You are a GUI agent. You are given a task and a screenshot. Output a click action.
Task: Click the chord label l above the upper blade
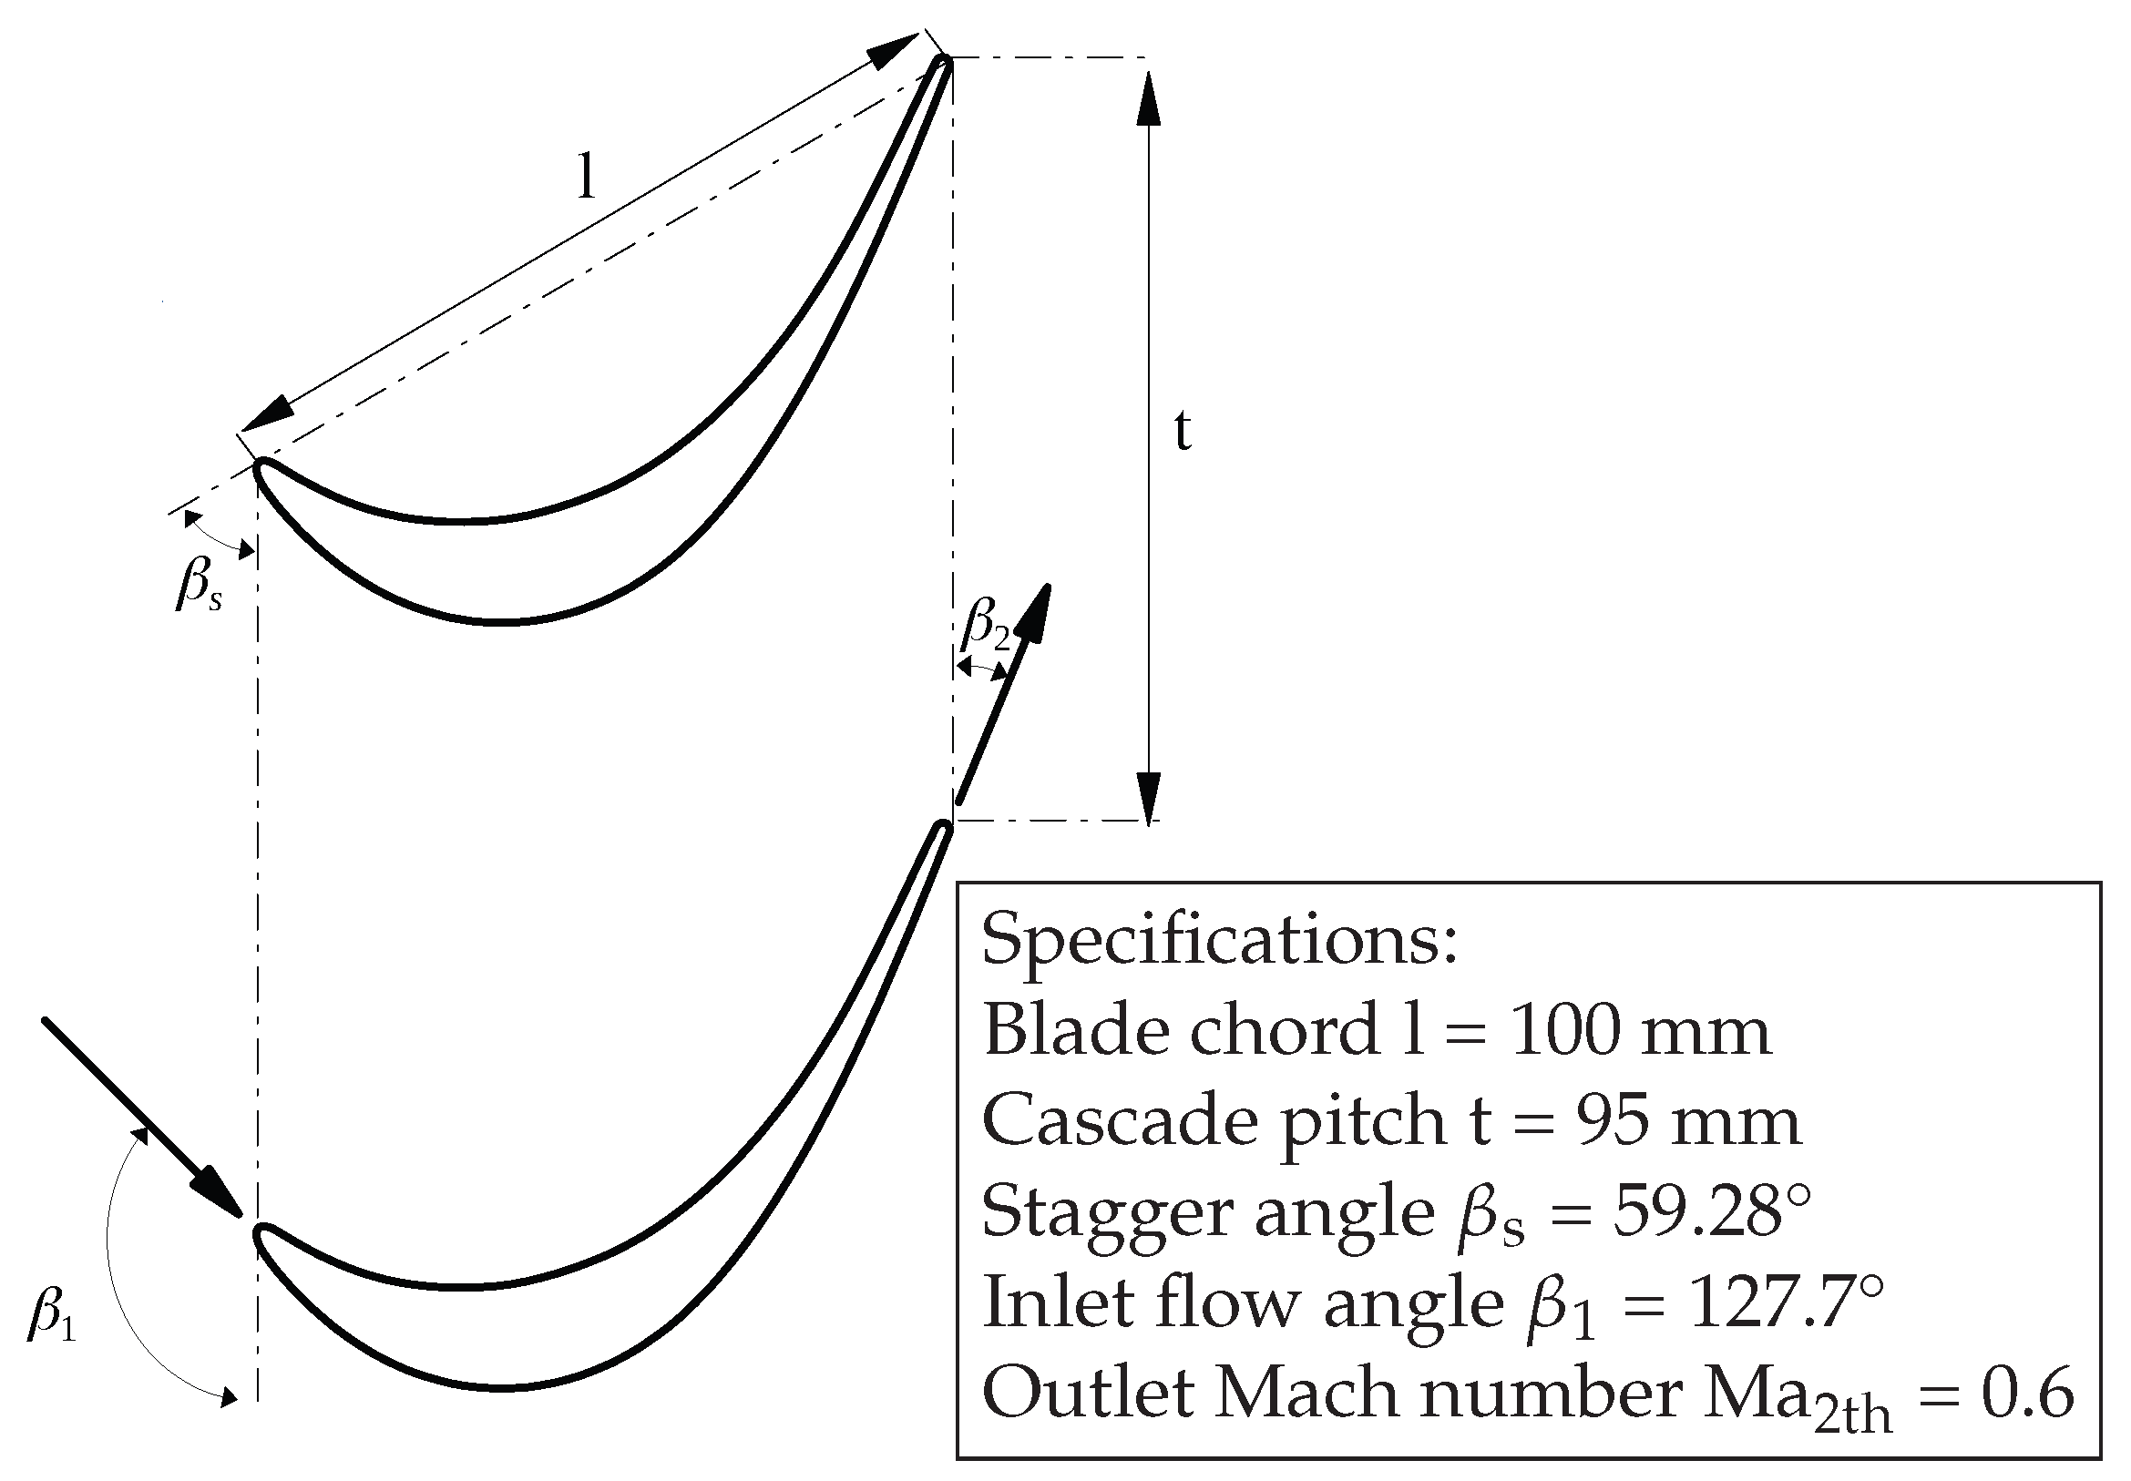585,177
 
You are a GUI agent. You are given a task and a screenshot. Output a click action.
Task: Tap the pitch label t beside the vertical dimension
1182,431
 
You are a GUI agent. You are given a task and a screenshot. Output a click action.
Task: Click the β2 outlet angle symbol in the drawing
985,624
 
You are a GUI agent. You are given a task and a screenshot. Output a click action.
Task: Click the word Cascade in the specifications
1120,1121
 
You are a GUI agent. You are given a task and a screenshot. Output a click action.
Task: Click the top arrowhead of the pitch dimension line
1149,97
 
